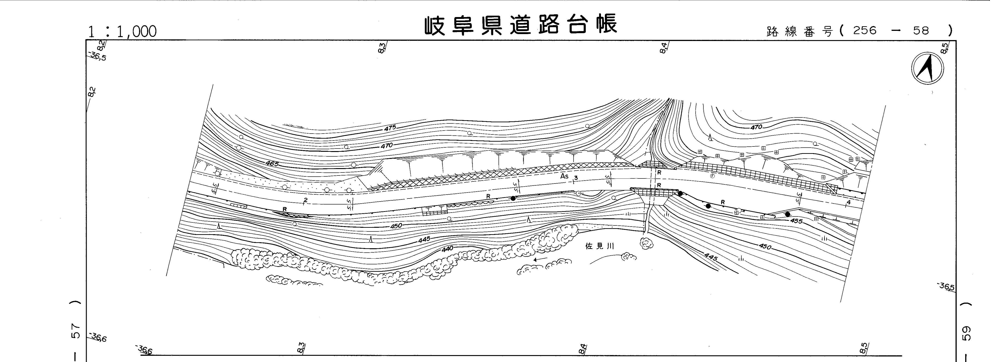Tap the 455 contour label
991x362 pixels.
coord(796,221)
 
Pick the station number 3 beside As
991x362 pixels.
coord(576,178)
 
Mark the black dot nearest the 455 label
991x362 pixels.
coord(787,214)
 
